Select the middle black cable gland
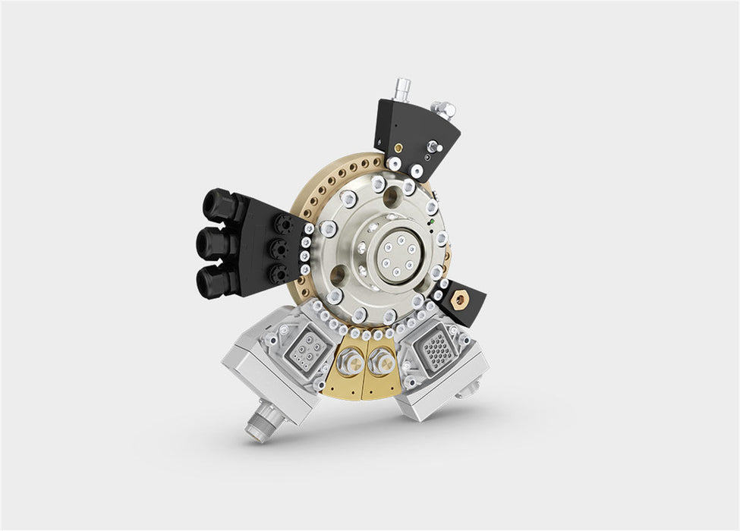pyautogui.click(x=213, y=244)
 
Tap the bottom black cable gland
pyautogui.click(x=213, y=282)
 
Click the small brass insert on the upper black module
pyautogui.click(x=396, y=143)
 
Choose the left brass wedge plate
pyautogui.click(x=342, y=372)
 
